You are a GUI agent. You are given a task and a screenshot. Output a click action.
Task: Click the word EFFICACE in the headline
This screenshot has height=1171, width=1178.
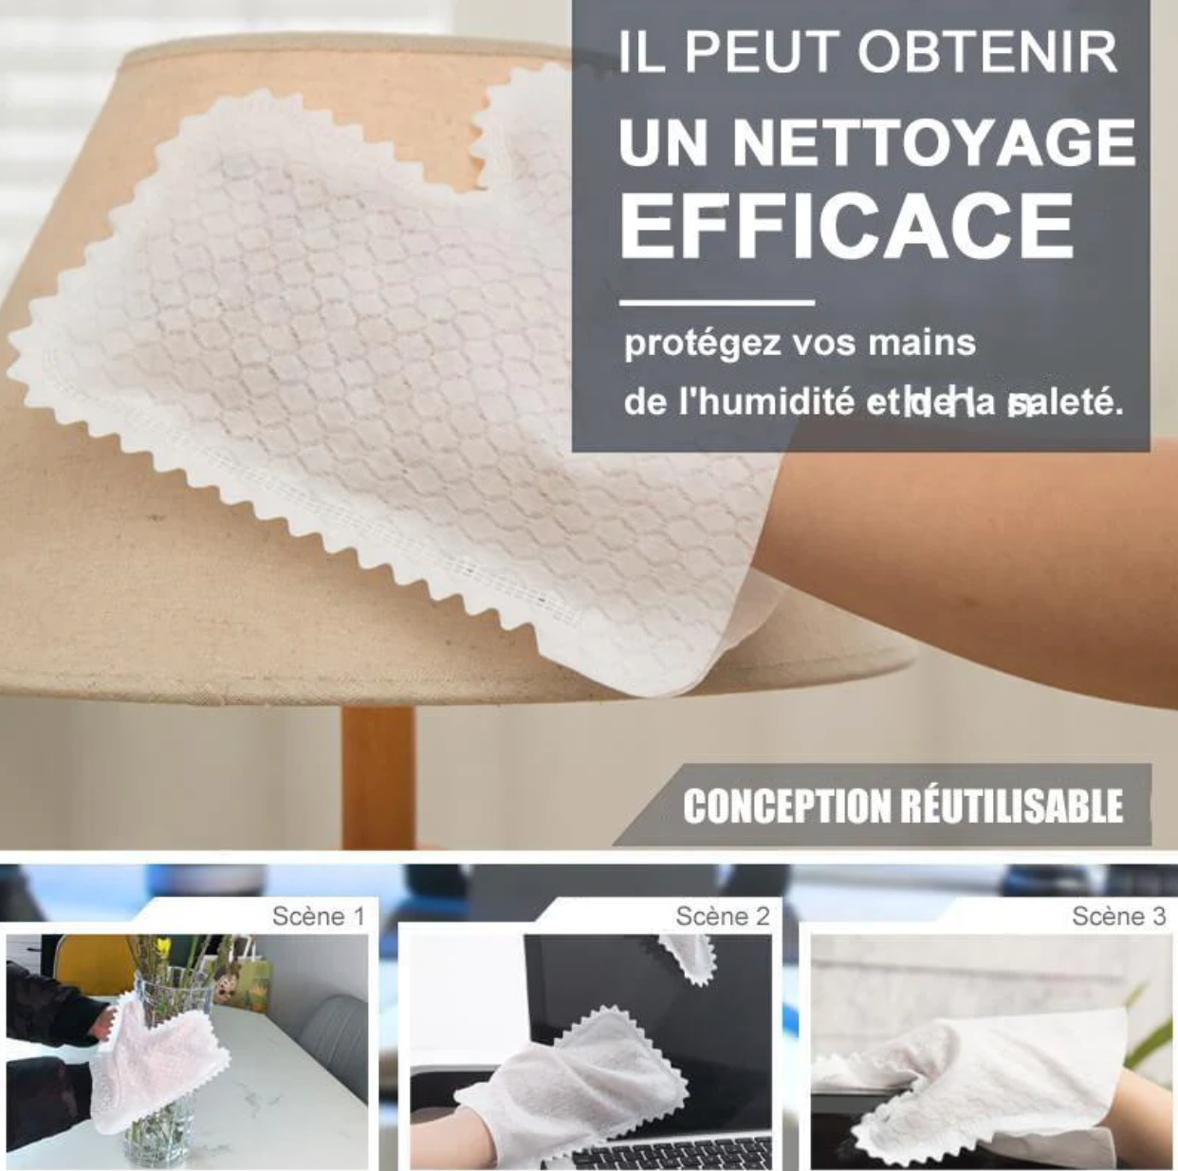click(846, 225)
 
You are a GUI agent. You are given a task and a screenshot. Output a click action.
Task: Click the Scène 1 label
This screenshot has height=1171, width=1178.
click(318, 916)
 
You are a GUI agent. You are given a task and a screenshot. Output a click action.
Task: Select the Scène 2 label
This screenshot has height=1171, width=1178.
click(722, 916)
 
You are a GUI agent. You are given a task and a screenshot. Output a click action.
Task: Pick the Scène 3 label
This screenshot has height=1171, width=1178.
click(1118, 916)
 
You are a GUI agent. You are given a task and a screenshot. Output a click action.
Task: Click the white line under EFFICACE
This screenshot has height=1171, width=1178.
click(717, 303)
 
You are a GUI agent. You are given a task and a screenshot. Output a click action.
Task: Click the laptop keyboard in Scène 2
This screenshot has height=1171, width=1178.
click(664, 1153)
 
